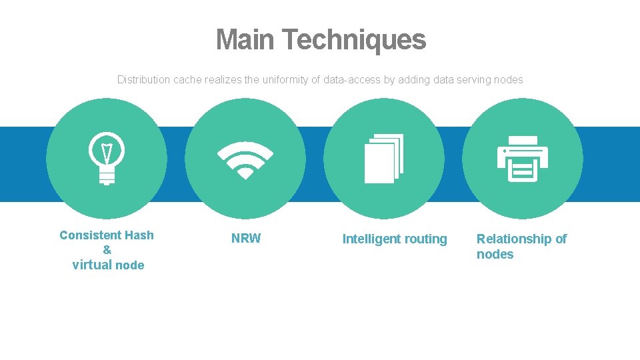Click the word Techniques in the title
[x=353, y=40]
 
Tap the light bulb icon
[x=107, y=158]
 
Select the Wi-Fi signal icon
[x=245, y=160]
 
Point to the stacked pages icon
[x=384, y=159]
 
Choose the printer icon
[x=523, y=159]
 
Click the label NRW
[x=246, y=239]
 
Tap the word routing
[x=427, y=239]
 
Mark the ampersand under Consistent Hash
[x=107, y=250]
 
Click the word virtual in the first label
[x=92, y=265]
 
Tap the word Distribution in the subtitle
[x=143, y=80]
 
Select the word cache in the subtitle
[x=187, y=80]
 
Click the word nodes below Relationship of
[x=495, y=255]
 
